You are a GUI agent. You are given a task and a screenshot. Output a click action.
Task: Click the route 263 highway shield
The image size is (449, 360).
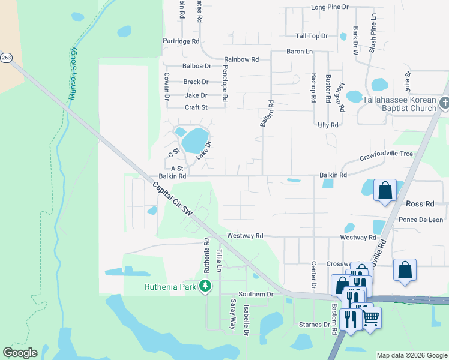pos(6,58)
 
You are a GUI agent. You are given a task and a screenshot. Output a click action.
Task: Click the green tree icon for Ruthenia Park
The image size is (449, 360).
pos(206,286)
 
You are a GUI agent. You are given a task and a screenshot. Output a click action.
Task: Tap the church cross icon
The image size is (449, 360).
pos(444,103)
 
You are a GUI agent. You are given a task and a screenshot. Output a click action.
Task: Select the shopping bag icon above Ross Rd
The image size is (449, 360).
pos(385,191)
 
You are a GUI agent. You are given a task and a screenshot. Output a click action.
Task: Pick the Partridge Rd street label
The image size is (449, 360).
pos(181,41)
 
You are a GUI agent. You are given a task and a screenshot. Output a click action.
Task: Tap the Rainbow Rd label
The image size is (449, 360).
pos(241,59)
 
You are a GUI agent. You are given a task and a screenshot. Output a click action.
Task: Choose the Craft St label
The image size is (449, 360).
pos(196,107)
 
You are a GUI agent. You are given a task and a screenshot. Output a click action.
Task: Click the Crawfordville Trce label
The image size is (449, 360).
pos(386,154)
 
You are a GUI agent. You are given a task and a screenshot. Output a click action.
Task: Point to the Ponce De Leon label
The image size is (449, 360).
pos(421,220)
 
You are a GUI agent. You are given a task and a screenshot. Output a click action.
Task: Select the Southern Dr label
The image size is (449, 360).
pos(255,294)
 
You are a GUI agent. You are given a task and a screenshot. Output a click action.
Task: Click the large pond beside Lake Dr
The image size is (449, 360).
pos(194,140)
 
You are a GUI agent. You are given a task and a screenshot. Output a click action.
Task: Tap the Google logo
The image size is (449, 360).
pos(20,353)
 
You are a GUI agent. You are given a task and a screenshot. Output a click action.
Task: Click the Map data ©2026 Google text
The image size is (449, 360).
pos(411,355)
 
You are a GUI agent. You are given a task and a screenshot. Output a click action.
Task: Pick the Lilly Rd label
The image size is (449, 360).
pos(328,125)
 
